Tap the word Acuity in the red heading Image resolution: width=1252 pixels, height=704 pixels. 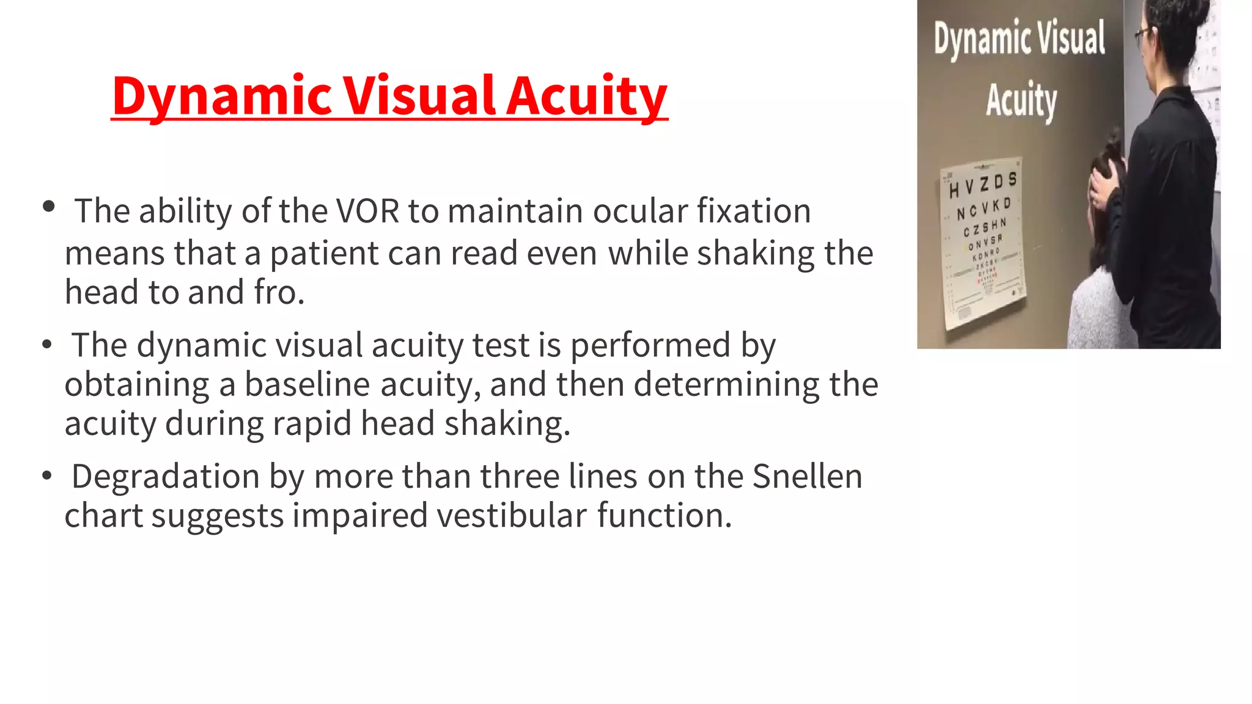[587, 96]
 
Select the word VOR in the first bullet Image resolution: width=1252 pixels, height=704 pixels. [367, 211]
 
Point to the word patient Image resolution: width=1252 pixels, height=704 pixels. [325, 253]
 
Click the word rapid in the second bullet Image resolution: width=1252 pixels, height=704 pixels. [312, 424]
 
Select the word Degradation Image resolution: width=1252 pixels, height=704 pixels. [166, 477]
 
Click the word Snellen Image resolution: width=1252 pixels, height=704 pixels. [807, 477]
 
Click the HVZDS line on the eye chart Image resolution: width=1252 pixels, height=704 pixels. [983, 185]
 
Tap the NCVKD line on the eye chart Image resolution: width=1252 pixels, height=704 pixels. [984, 209]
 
